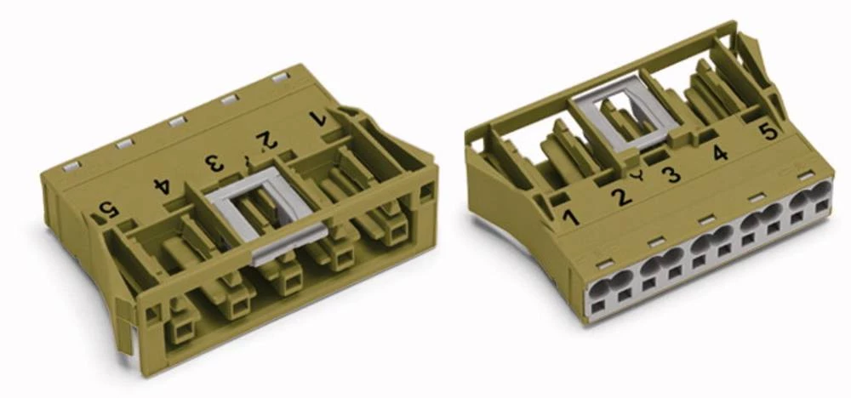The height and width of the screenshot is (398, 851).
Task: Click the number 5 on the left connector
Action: click(108, 208)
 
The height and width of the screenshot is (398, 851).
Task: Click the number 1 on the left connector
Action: click(321, 117)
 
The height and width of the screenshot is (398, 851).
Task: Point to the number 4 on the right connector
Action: click(720, 154)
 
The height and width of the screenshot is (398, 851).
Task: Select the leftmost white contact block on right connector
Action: click(612, 293)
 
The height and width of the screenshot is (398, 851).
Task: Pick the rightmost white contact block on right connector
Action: click(808, 204)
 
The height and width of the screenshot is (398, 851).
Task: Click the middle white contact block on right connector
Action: click(711, 249)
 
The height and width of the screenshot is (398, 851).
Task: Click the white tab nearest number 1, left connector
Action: click(278, 77)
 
